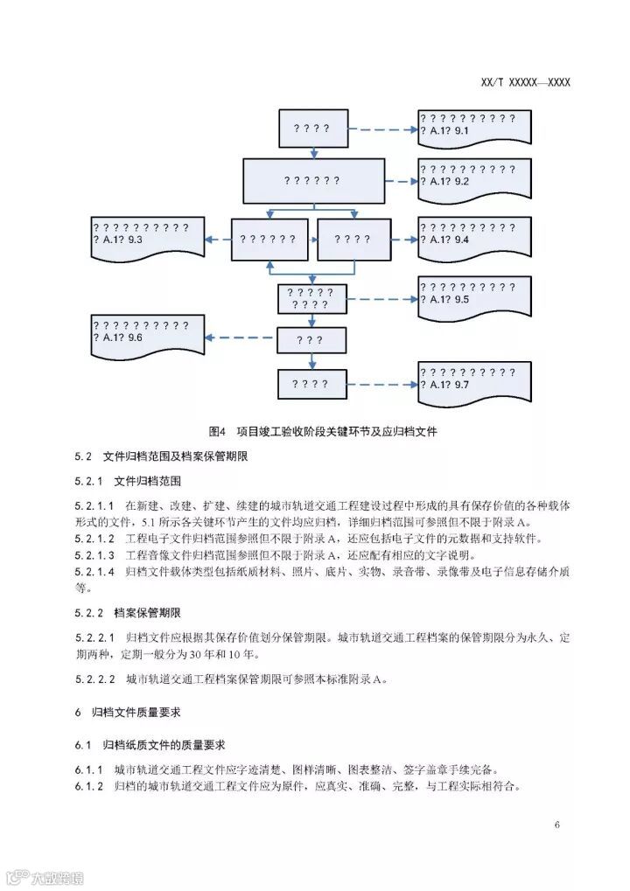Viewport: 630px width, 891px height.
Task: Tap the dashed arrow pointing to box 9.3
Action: click(x=219, y=239)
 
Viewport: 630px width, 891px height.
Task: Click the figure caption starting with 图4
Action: click(x=323, y=431)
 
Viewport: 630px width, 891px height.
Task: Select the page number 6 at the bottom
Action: click(x=557, y=825)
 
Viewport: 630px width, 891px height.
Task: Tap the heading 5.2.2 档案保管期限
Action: click(x=139, y=611)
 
